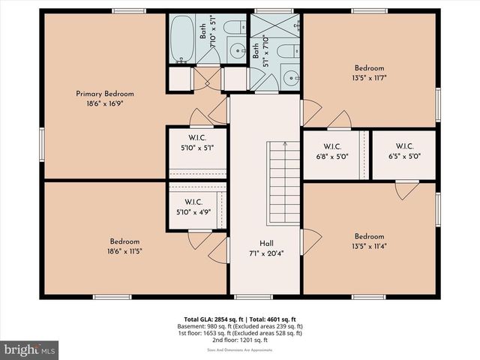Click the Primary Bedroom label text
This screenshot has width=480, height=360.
104,94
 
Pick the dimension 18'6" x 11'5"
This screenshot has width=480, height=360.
124,251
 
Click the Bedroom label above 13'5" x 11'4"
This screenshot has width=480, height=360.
369,235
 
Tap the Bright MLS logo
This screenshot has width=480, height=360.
30,349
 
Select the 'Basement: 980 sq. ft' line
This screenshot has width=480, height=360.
211,326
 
